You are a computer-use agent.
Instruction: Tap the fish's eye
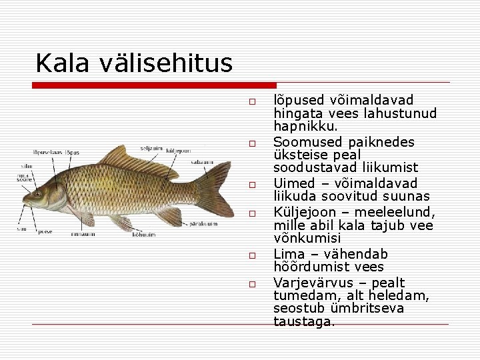(38, 194)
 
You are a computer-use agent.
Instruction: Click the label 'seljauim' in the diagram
(151, 148)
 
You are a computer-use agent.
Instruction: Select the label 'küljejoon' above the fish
(178, 151)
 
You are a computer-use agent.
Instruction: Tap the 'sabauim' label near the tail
(202, 161)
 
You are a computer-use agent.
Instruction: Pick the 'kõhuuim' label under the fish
(143, 234)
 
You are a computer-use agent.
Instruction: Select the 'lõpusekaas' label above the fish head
(46, 153)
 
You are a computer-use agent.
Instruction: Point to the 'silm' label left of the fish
(27, 165)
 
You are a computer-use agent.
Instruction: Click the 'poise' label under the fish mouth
(45, 232)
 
